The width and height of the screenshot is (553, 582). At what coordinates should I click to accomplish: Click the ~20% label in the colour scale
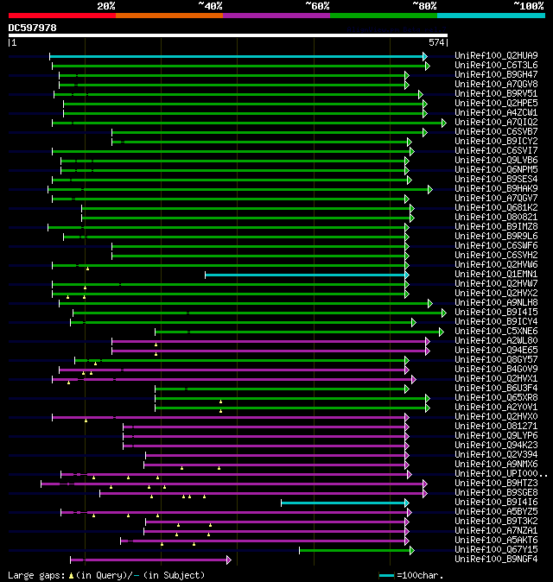(106, 5)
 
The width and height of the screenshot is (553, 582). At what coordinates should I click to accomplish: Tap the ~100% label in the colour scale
(528, 5)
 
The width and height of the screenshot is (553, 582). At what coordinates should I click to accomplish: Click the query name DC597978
(33, 28)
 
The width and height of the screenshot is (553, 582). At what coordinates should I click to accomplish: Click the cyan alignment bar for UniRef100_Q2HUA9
(238, 56)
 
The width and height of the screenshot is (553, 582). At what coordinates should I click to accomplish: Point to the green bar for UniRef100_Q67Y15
(355, 550)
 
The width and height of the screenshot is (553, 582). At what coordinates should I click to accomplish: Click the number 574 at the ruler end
(436, 42)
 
